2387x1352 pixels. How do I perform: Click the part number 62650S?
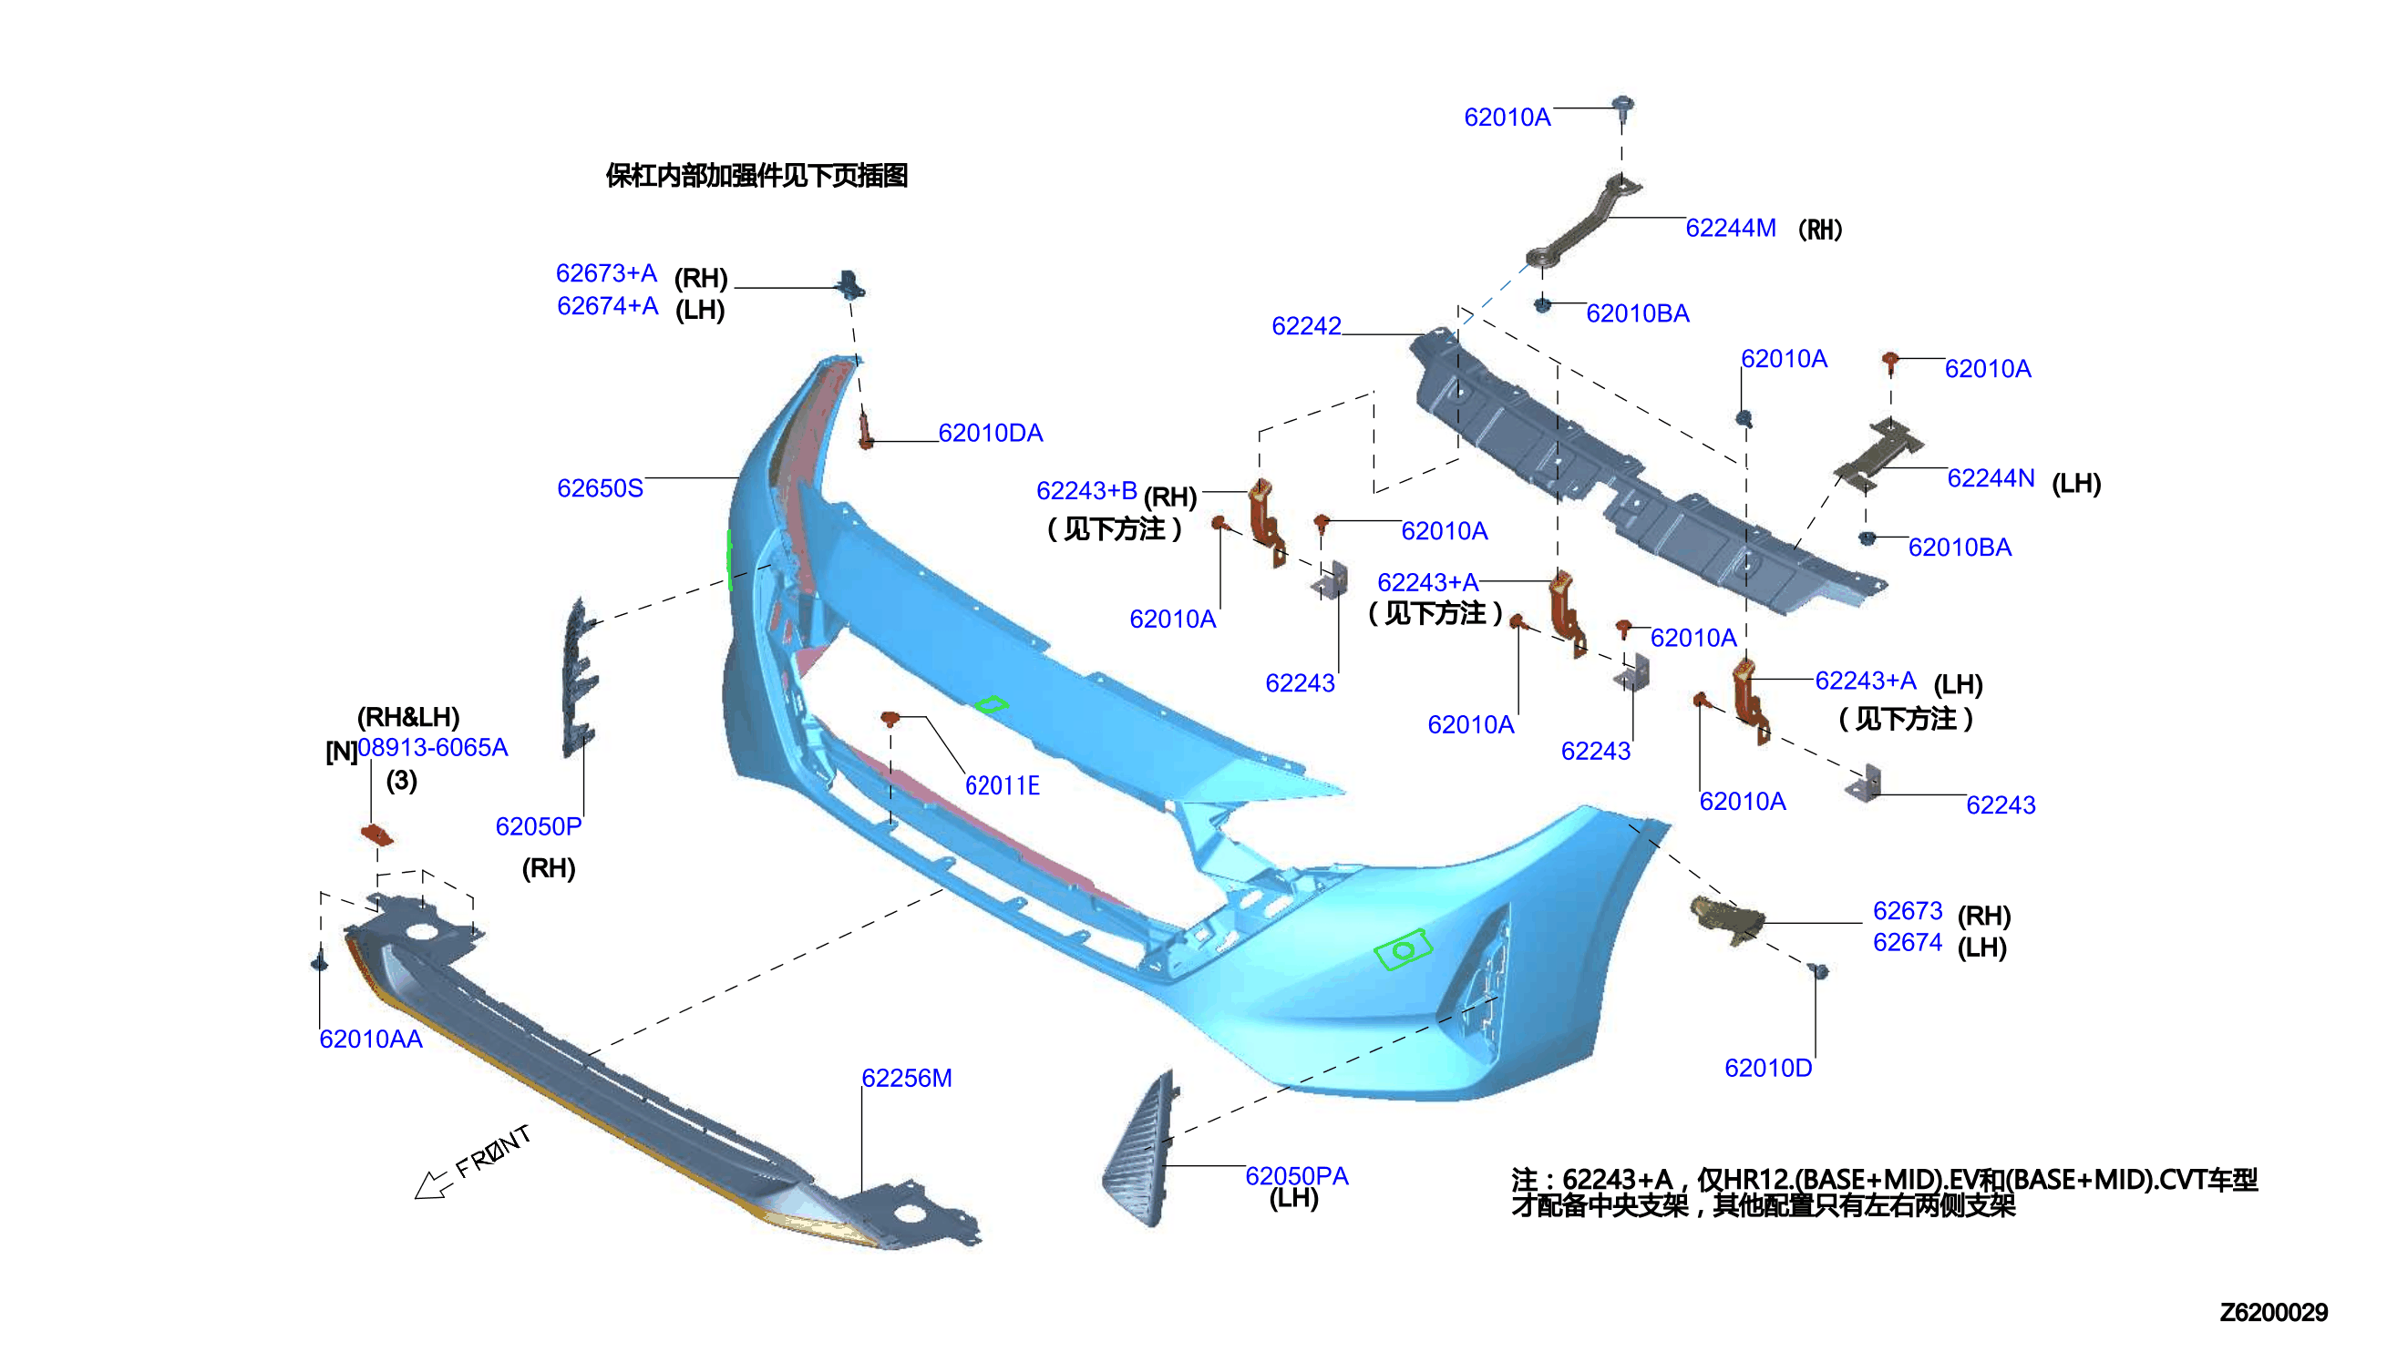[599, 488]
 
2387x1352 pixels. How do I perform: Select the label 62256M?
[906, 1078]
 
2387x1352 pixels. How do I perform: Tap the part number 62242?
[1306, 326]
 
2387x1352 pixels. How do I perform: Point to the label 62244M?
[1731, 228]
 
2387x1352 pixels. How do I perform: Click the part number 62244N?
[1991, 478]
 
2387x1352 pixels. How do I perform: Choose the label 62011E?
[1003, 785]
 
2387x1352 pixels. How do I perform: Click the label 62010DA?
[990, 433]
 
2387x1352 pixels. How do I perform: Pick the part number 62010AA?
[371, 1040]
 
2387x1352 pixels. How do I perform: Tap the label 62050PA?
[1296, 1175]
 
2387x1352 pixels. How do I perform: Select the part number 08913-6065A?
[433, 747]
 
